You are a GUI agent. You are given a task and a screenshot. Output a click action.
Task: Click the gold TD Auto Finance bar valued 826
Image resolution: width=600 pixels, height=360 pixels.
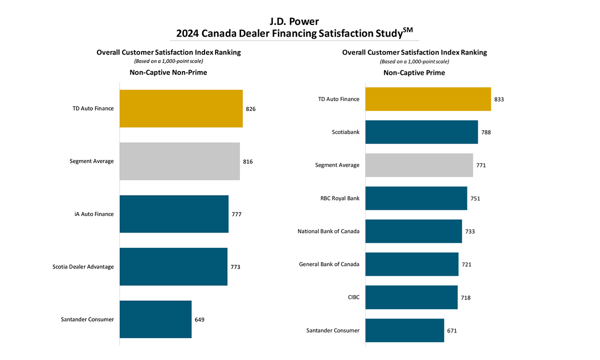click(x=181, y=108)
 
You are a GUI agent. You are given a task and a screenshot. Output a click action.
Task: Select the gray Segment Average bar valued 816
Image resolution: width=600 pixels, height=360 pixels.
click(x=179, y=161)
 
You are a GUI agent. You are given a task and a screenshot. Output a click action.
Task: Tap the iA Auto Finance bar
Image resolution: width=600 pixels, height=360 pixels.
click(x=174, y=214)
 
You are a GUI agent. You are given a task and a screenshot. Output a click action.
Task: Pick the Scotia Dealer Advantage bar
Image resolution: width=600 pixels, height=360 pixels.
click(x=173, y=266)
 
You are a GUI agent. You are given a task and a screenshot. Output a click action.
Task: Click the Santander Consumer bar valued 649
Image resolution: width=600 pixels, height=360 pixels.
click(x=155, y=319)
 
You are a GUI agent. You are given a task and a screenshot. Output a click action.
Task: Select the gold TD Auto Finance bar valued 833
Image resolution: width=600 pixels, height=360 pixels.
click(x=428, y=99)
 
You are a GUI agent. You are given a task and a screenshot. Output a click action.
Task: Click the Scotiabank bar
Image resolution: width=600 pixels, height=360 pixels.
click(x=421, y=132)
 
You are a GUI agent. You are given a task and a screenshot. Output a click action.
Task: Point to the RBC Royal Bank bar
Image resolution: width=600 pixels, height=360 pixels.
click(x=416, y=198)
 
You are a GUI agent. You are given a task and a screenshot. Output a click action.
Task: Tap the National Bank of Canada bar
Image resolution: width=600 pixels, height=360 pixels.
click(x=413, y=231)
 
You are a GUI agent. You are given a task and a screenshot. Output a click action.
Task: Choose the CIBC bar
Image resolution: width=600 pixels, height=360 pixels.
click(x=411, y=297)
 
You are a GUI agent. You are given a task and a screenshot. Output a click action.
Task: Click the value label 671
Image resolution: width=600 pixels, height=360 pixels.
click(x=452, y=330)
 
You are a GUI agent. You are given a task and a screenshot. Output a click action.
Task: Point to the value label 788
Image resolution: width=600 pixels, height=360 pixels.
click(x=486, y=132)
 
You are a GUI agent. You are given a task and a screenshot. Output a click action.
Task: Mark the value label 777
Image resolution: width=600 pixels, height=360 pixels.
click(x=236, y=214)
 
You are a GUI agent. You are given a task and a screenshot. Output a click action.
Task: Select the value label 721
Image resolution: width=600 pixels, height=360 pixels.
click(x=466, y=264)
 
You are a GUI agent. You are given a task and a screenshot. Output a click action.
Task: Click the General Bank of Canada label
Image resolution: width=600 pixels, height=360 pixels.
click(x=329, y=264)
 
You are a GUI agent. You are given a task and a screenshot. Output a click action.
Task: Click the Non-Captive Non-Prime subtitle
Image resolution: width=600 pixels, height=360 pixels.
click(x=168, y=72)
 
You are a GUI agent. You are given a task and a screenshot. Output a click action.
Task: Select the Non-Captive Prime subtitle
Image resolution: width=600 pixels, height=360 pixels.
click(x=414, y=72)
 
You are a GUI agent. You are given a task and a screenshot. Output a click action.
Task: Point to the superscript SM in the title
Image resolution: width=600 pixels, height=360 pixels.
click(x=408, y=30)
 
